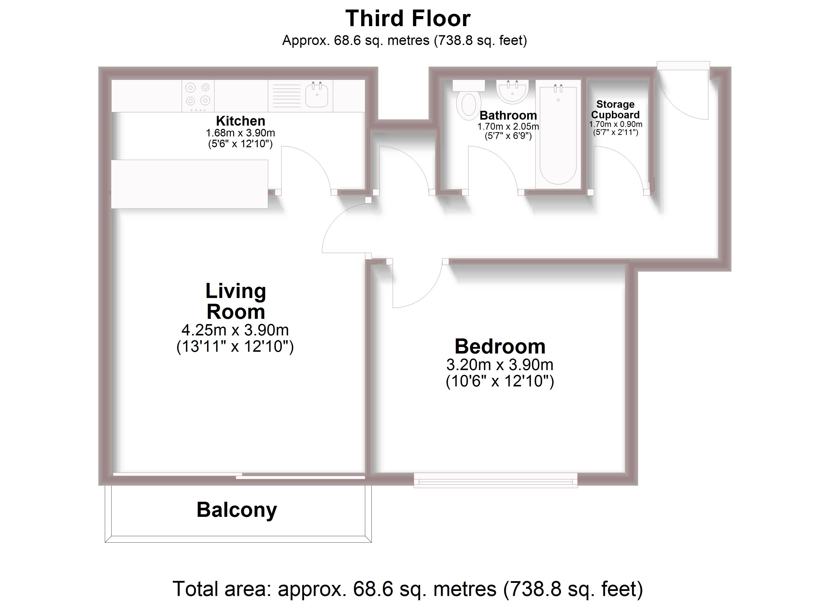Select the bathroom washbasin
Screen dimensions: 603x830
(x=512, y=91)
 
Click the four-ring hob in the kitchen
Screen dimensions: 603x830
(x=198, y=94)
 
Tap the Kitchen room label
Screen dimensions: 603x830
(x=240, y=121)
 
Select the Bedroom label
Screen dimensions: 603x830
(x=500, y=346)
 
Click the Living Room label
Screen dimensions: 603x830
(x=236, y=301)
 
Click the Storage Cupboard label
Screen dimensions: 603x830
(x=615, y=109)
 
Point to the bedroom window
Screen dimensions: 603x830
(x=495, y=480)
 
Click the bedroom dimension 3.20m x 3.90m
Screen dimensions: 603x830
(x=500, y=365)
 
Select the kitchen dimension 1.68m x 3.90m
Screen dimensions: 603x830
(x=240, y=133)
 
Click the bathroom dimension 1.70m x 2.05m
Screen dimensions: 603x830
(x=508, y=127)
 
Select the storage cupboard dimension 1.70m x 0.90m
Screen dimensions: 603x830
(x=615, y=124)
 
